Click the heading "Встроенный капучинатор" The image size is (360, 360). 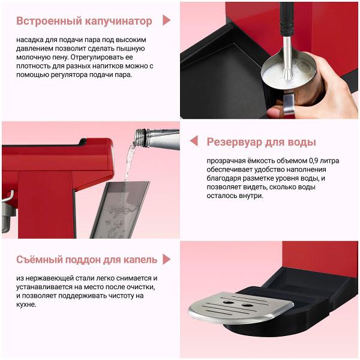pyautogui.click(x=84, y=21)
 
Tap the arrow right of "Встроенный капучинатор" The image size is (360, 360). pyautogui.click(x=166, y=20)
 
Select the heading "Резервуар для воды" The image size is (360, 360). pyautogui.click(x=261, y=142)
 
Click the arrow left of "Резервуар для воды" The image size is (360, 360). pyautogui.click(x=194, y=142)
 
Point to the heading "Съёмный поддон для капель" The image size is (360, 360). pyautogui.click(x=87, y=260)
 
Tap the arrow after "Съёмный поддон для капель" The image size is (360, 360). pyautogui.click(x=166, y=259)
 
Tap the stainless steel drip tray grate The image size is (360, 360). pyautogui.click(x=240, y=307)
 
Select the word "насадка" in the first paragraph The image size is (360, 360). pyautogui.click(x=31, y=40)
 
